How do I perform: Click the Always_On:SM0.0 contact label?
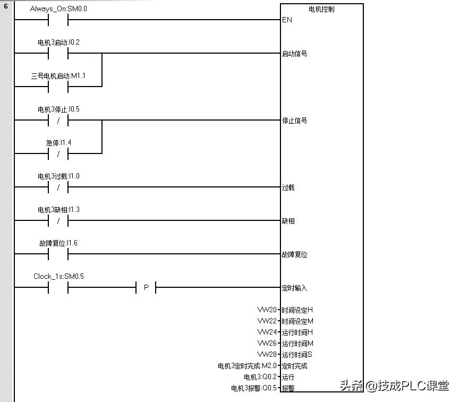point(58,9)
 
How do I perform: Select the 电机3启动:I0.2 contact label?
point(58,42)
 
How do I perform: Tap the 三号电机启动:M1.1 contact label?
point(58,76)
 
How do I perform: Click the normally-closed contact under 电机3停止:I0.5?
point(58,120)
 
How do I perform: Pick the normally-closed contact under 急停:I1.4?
point(58,154)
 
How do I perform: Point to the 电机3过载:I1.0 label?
point(58,176)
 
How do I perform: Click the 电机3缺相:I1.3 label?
point(58,210)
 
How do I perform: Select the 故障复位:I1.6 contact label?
point(58,243)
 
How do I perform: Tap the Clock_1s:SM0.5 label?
point(58,276)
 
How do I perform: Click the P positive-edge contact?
point(146,288)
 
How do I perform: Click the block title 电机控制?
point(321,10)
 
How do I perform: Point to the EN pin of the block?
point(287,20)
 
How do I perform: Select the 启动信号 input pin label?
point(294,54)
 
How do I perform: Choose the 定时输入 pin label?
point(294,288)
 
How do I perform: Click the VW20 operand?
point(267,310)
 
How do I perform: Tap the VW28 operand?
point(267,354)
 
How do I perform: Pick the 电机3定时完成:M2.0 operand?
point(247,366)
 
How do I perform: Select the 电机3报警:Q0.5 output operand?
point(254,388)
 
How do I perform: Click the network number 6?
point(6,7)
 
